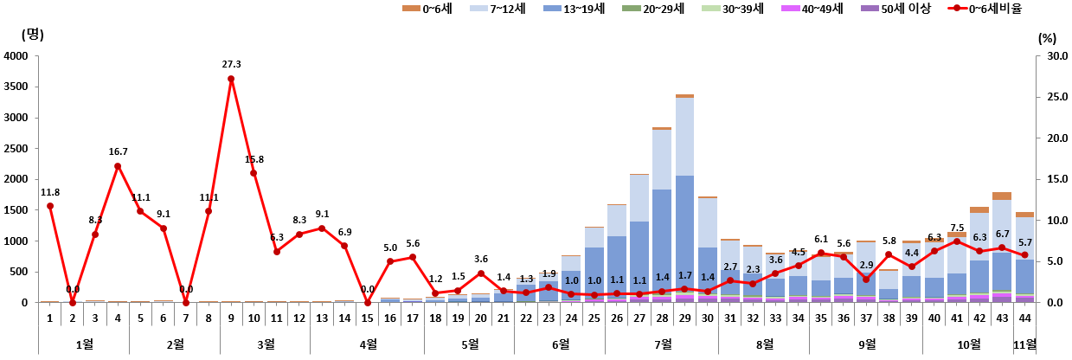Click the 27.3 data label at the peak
click(231, 64)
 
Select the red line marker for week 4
click(118, 166)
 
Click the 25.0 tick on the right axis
click(1050, 97)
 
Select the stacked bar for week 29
click(684, 199)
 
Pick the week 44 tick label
click(1024, 318)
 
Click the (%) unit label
click(1047, 38)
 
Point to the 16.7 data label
click(118, 151)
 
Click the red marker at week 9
click(231, 79)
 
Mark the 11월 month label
click(1024, 344)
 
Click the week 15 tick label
click(367, 318)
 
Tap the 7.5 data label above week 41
click(957, 228)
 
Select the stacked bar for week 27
click(639, 238)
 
